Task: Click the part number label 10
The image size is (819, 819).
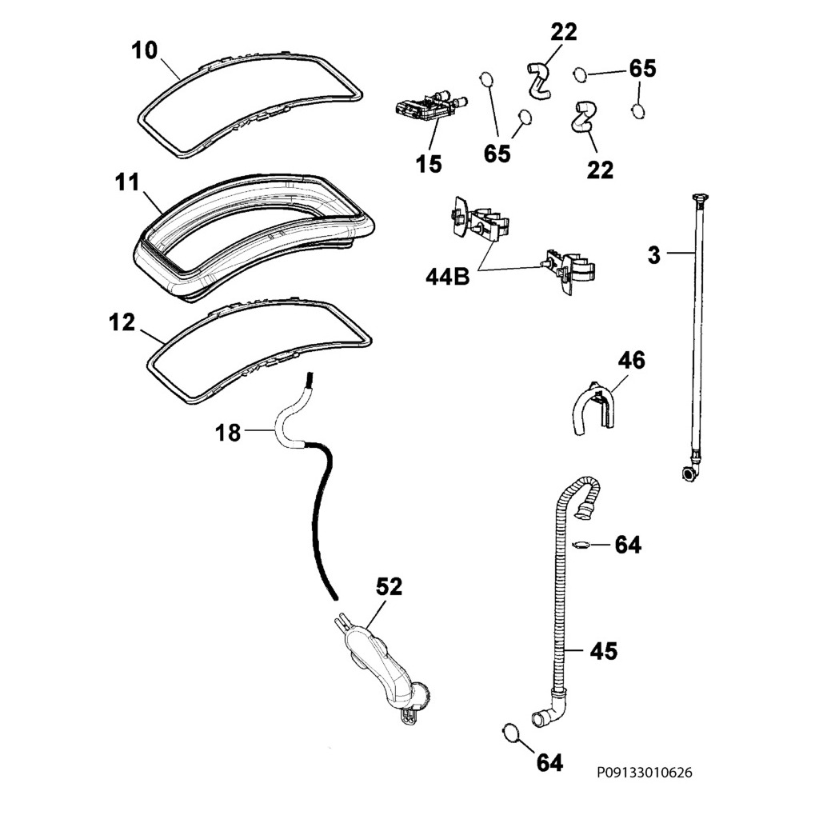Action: tap(146, 50)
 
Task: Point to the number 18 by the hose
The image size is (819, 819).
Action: tap(228, 433)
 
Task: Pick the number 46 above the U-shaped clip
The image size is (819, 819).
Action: tap(630, 361)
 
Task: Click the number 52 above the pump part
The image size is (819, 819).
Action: tap(389, 588)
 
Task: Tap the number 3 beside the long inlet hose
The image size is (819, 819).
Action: tap(653, 256)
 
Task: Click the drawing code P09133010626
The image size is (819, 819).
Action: tap(644, 773)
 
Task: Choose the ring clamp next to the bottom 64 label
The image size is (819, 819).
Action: tap(509, 730)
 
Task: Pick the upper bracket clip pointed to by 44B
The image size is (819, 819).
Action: tap(477, 220)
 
